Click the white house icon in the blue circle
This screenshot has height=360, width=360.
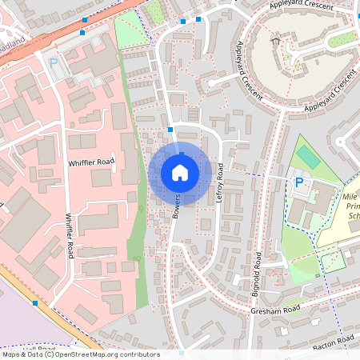pyautogui.click(x=179, y=172)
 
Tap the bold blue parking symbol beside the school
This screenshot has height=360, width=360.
pyautogui.click(x=299, y=183)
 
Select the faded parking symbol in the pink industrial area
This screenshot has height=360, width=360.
pyautogui.click(x=54, y=62)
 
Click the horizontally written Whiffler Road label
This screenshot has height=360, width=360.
pyautogui.click(x=91, y=162)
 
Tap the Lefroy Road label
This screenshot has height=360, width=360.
pyautogui.click(x=220, y=182)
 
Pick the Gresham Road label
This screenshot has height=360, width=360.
pyautogui.click(x=274, y=310)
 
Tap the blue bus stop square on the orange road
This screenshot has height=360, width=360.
pyautogui.click(x=84, y=33)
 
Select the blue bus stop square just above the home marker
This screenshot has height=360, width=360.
pyautogui.click(x=170, y=129)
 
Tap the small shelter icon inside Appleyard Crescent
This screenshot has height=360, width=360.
pyautogui.click(x=276, y=40)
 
